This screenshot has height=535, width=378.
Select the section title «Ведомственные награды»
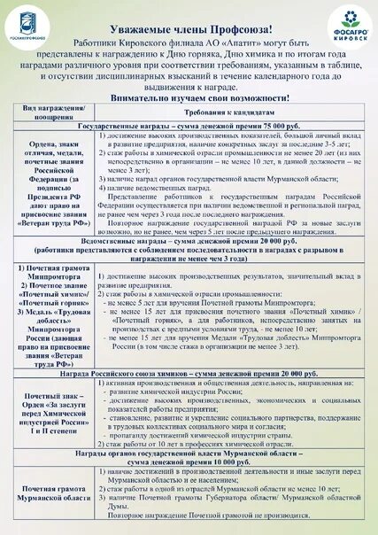coord(120,216)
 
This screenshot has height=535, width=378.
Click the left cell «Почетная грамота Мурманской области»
coord(50,492)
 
